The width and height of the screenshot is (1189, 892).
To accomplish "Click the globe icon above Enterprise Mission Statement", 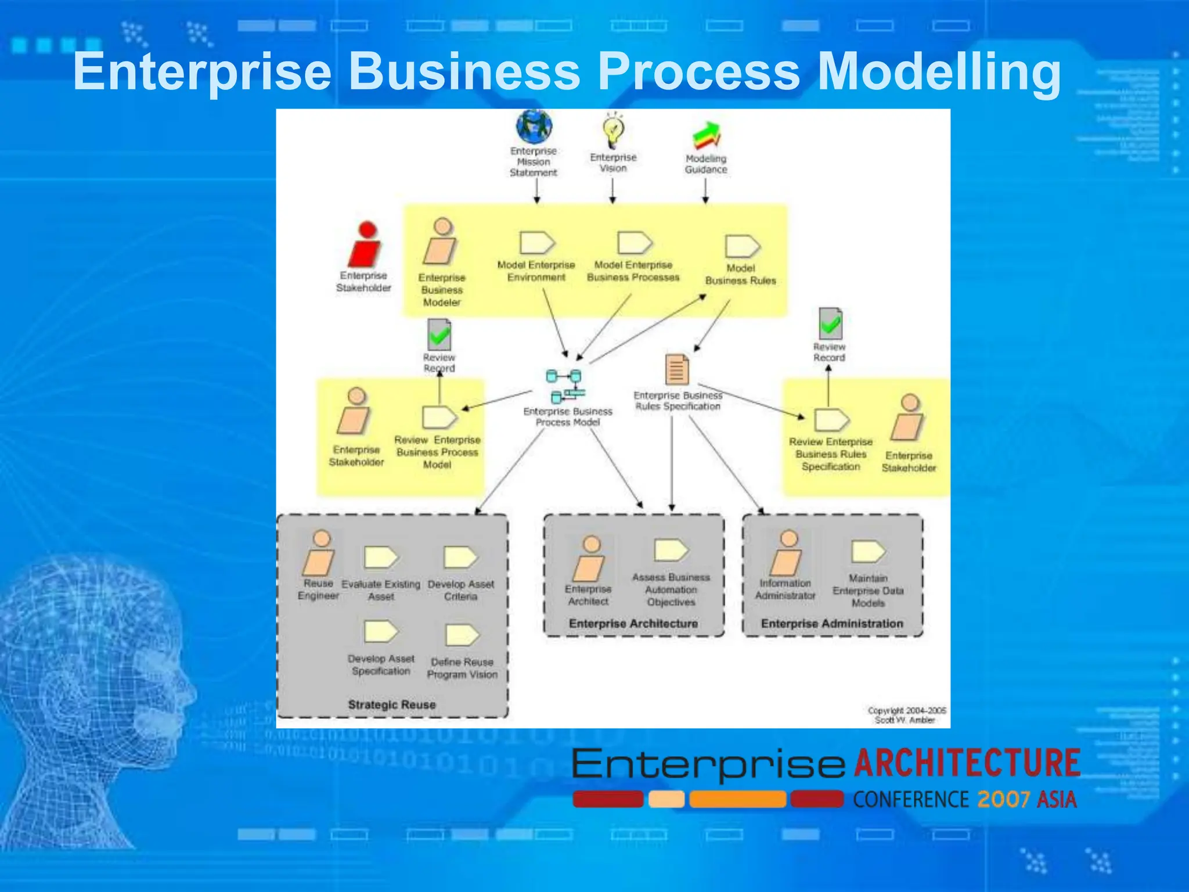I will click(x=534, y=126).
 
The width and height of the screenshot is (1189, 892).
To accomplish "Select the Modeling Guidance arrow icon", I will click(x=707, y=135).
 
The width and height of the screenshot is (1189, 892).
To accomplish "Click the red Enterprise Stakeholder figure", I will click(x=365, y=244).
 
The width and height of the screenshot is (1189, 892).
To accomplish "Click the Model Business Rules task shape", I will click(x=742, y=246).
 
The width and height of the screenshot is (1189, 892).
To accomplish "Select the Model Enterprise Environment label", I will click(x=536, y=271).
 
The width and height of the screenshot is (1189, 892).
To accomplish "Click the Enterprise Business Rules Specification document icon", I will click(x=677, y=369).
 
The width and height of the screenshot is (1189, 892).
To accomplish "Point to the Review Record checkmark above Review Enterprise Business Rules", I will click(x=830, y=323).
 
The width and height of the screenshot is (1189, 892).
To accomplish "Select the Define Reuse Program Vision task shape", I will click(x=462, y=635).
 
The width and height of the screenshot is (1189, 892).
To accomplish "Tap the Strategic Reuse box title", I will click(x=391, y=704).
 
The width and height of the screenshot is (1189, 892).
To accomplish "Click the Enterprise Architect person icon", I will click(x=589, y=559).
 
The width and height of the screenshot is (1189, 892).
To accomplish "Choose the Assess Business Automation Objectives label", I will click(x=671, y=589).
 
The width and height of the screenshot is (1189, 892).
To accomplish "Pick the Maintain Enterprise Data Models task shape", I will click(x=868, y=552).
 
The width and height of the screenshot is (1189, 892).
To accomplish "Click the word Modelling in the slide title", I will click(x=939, y=71).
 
